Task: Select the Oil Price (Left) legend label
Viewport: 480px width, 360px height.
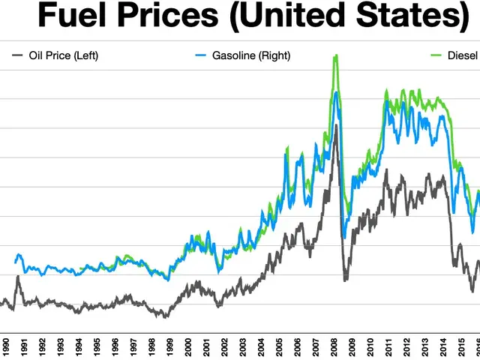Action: click(64, 55)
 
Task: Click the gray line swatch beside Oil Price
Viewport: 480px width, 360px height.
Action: click(18, 55)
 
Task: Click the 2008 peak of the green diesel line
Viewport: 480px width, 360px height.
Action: click(335, 55)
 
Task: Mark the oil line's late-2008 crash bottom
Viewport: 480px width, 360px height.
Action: click(345, 280)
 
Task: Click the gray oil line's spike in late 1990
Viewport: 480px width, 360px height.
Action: click(17, 277)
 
